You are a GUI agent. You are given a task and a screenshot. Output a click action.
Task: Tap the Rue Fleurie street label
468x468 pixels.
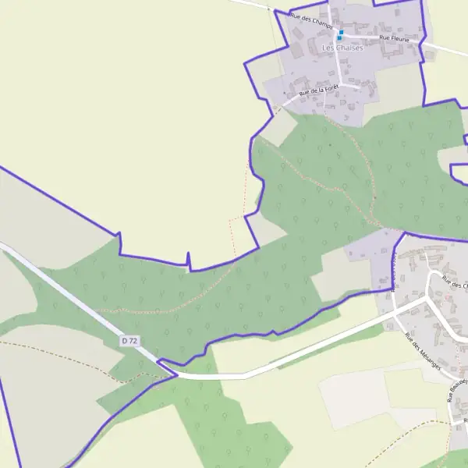coord(395,37)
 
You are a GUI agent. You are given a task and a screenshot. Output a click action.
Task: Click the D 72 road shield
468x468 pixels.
coord(129,341)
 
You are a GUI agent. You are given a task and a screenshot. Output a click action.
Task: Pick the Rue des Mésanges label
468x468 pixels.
coord(423,352)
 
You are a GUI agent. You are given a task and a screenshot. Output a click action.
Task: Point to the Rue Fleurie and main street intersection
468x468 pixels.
coord(341,36)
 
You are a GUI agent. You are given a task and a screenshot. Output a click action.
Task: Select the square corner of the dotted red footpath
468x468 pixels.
coord(231,221)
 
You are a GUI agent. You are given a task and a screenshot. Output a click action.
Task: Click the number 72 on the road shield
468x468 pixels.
coord(133,341)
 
